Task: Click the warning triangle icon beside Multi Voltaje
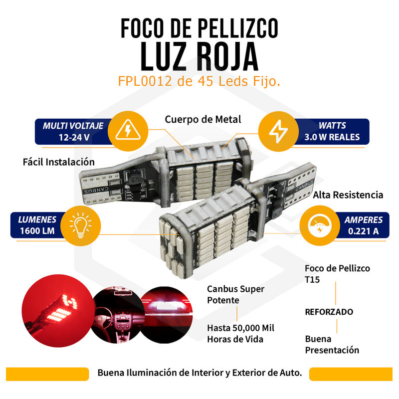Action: (x=128, y=130)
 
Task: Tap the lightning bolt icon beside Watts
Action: (x=278, y=131)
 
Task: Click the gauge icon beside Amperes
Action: (x=320, y=225)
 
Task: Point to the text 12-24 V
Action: (x=74, y=138)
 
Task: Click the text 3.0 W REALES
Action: (x=332, y=137)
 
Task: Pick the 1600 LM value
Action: (x=37, y=231)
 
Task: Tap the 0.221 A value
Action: (x=364, y=231)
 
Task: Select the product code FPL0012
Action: (x=145, y=81)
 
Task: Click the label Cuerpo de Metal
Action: (x=203, y=119)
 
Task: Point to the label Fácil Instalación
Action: (x=59, y=162)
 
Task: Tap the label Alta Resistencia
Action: (x=348, y=195)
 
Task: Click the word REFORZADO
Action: (x=329, y=312)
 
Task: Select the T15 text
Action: (x=312, y=280)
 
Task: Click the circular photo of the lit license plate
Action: (x=167, y=315)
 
